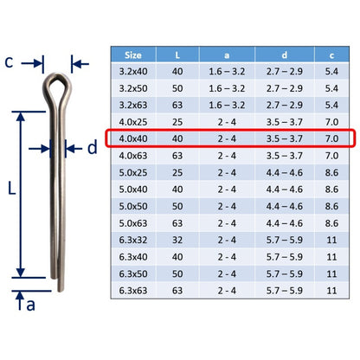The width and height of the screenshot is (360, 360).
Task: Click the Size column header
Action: pos(133,55)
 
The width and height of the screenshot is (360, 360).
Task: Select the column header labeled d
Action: pos(285,55)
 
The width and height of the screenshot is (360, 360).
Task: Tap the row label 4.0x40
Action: pos(133,138)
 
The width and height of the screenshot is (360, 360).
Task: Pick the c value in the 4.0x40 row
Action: pos(331,138)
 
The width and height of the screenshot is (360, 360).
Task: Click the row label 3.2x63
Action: pos(133,105)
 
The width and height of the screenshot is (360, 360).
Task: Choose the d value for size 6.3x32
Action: pos(285,240)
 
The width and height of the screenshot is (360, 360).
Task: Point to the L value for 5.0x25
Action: pos(177,172)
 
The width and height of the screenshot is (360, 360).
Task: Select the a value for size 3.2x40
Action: pos(227,71)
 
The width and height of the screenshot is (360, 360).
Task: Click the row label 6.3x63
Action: pos(133,291)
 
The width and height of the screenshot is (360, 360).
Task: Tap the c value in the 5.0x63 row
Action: pos(331,223)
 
